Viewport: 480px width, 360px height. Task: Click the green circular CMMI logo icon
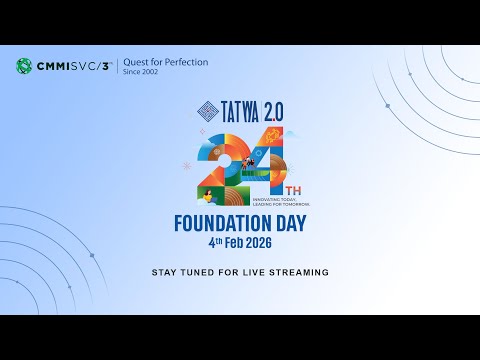tap(24, 67)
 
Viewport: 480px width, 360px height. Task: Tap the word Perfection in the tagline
tap(183, 62)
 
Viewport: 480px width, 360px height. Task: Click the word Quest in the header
tap(138, 62)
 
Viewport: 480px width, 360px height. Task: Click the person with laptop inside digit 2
tap(209, 194)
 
